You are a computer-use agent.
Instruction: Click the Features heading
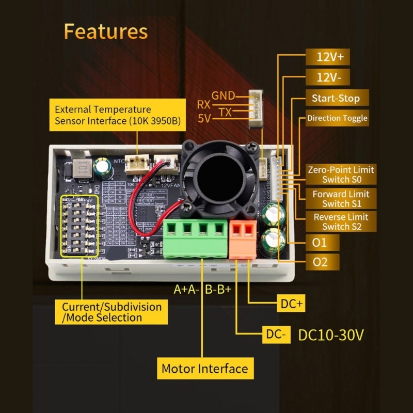[105, 31]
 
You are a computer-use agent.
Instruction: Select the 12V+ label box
[330, 57]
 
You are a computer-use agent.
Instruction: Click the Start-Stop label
[336, 98]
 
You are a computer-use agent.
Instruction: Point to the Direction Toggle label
[337, 118]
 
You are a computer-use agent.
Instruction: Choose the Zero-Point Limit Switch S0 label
[341, 174]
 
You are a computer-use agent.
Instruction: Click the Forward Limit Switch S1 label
[341, 199]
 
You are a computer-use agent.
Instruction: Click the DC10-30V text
[331, 335]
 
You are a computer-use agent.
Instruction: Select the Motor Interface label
[204, 369]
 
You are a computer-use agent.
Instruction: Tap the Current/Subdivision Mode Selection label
[112, 312]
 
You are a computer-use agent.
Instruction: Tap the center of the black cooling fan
[219, 180]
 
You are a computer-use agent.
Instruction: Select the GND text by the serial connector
[223, 96]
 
